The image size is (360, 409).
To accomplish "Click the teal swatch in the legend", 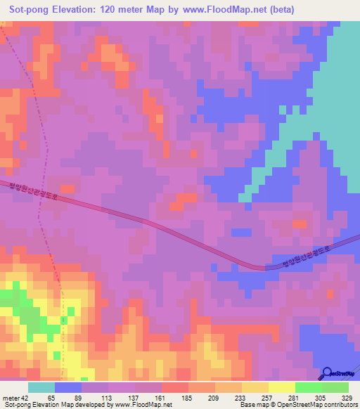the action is coord(41,387).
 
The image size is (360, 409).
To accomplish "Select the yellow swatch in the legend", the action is coord(282,387).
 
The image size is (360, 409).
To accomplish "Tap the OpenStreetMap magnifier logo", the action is coord(328,373).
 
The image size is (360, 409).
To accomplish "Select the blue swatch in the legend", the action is coord(68,387).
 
